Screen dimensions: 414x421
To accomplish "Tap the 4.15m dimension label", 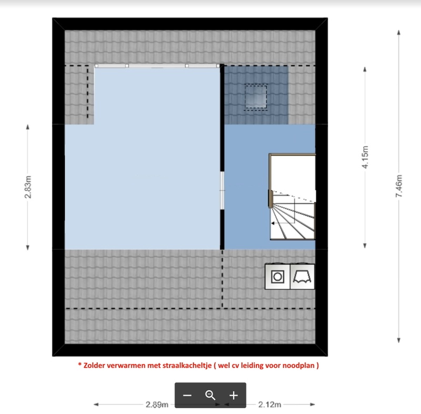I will click(365, 157).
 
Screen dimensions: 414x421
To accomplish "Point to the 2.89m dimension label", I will click(157, 405).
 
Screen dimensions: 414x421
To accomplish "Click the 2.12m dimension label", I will click(269, 405).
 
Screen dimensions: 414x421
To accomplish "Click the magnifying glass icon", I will click(210, 395).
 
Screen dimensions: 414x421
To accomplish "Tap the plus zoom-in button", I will click(234, 395).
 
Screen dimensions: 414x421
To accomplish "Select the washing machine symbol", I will click(277, 276).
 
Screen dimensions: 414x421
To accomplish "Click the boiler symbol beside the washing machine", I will click(303, 276).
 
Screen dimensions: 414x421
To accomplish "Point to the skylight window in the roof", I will click(256, 96).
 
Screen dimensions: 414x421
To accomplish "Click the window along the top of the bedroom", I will click(156, 66).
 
